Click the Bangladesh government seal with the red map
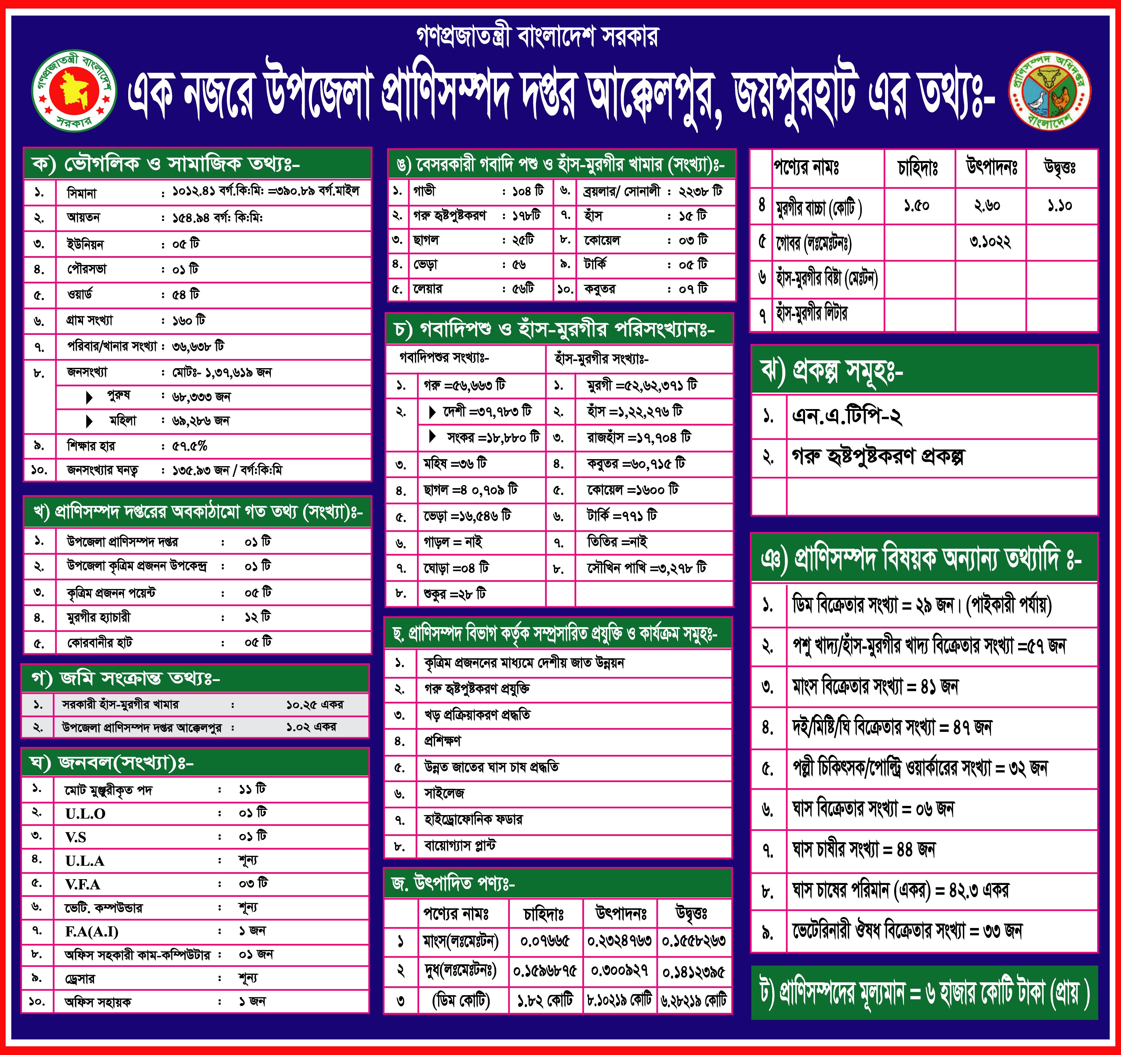pos(74,91)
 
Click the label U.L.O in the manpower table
pos(85,814)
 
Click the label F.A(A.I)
pos(91,931)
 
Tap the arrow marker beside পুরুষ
pos(89,397)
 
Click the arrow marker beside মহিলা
pos(89,421)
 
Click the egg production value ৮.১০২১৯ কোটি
pos(619,1000)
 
